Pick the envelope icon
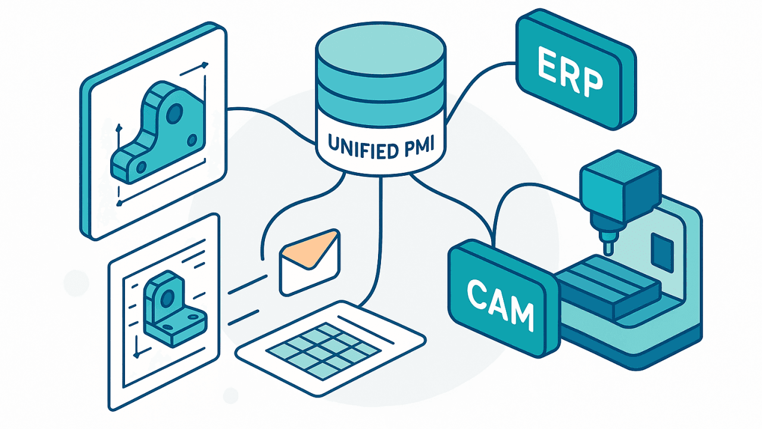[x=309, y=262]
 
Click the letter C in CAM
[x=476, y=295]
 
